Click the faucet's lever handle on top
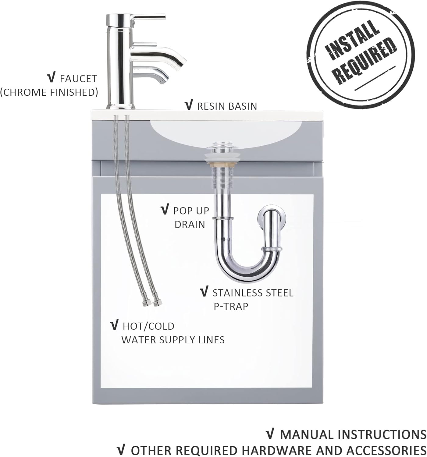pos(148,17)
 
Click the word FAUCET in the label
pos(78,79)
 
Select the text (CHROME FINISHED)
pos(49,92)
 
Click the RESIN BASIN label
pos(227,106)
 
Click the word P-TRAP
pos(231,306)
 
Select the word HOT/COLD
pos(148,326)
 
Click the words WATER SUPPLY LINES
pos(173,340)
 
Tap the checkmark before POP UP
pos(165,210)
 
